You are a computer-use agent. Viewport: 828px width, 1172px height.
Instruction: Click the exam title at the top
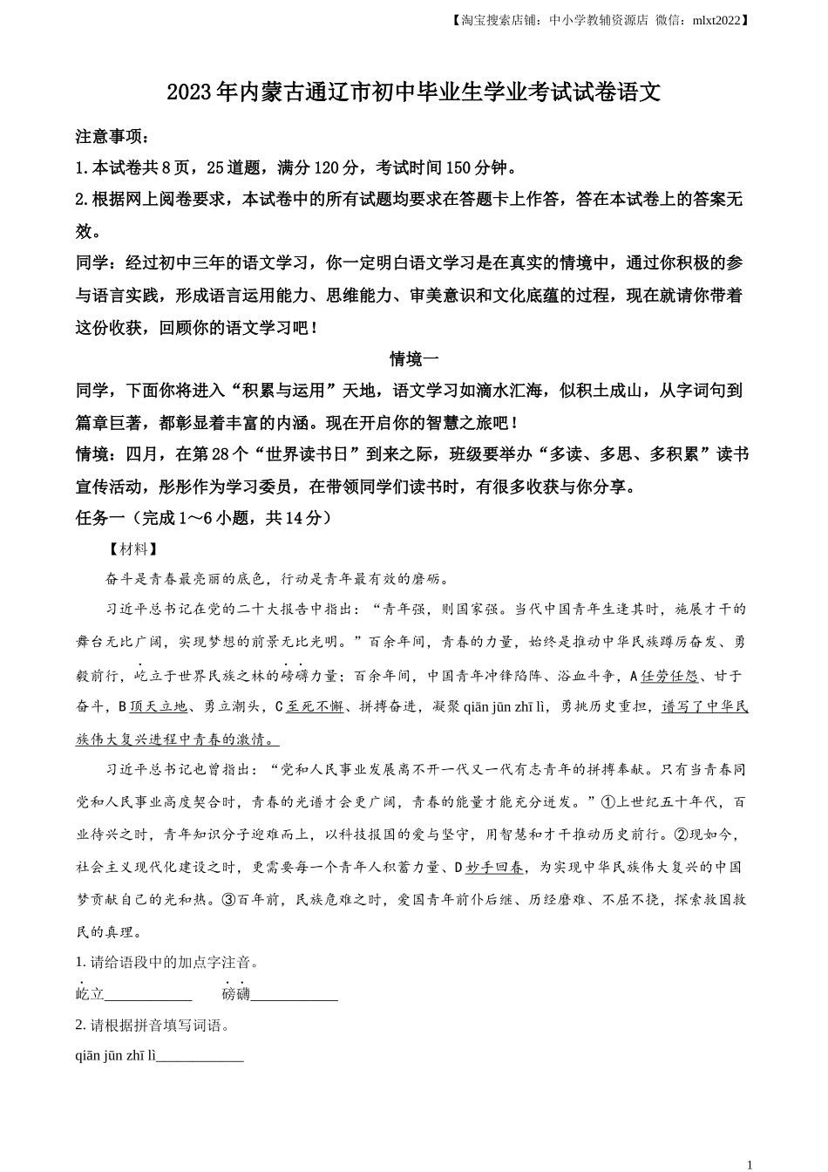[x=413, y=92]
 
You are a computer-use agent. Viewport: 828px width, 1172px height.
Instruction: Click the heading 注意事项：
[x=112, y=137]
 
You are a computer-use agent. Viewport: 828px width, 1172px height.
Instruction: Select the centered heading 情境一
[x=413, y=358]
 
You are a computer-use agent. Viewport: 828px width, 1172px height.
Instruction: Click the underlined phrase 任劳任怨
[x=669, y=676]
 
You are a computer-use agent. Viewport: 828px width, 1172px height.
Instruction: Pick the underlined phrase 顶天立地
[x=158, y=707]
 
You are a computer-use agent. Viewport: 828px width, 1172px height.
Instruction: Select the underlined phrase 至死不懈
[x=315, y=707]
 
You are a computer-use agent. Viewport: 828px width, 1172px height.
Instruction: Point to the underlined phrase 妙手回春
[x=495, y=868]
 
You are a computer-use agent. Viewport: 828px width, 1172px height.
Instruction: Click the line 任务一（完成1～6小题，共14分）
[x=204, y=518]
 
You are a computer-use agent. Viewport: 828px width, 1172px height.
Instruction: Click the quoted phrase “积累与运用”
[x=282, y=391]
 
